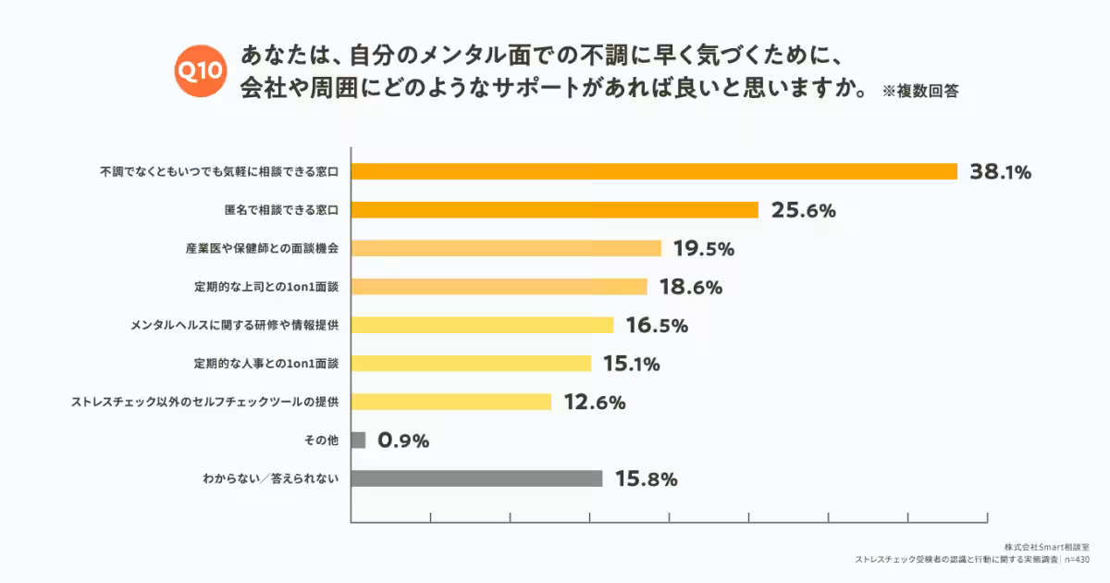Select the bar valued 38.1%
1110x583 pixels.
pyautogui.click(x=654, y=171)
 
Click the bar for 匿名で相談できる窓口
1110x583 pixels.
pyautogui.click(x=555, y=210)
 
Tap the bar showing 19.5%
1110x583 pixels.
pyautogui.click(x=506, y=248)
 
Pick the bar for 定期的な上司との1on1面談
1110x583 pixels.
pyautogui.click(x=499, y=287)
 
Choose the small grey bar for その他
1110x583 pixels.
pyautogui.click(x=359, y=440)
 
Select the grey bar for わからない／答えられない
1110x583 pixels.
pyautogui.click(x=477, y=479)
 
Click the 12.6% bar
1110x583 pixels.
pyautogui.click(x=451, y=402)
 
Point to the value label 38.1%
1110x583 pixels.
pyautogui.click(x=1000, y=171)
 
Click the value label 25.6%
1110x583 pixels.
pyautogui.click(x=803, y=210)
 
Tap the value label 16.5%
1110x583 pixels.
pyautogui.click(x=657, y=326)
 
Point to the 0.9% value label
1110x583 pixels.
pyautogui.click(x=403, y=440)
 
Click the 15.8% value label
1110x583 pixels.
pyautogui.click(x=647, y=479)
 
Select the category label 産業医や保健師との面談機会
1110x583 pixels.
pyautogui.click(x=262, y=248)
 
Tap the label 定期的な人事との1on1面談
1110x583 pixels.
pyautogui.click(x=266, y=364)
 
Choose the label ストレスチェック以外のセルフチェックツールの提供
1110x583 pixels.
pyautogui.click(x=205, y=402)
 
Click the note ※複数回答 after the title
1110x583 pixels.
pyautogui.click(x=919, y=92)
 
